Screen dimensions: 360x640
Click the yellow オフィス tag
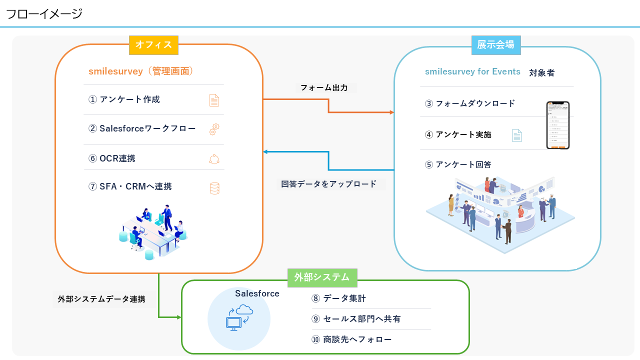click(153, 45)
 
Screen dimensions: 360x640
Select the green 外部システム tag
click(322, 277)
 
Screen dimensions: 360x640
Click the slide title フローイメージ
click(44, 14)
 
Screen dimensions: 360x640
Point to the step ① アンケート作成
click(124, 99)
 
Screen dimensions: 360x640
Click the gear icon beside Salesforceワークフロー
click(214, 129)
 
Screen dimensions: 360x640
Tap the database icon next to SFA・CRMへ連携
click(214, 188)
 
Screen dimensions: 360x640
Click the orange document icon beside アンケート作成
click(214, 100)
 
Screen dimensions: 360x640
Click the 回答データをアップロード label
click(329, 184)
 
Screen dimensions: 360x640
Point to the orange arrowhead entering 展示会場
click(391, 112)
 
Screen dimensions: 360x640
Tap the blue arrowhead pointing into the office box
click(266, 152)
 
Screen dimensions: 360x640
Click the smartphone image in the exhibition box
click(557, 125)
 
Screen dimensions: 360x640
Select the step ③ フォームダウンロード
click(470, 104)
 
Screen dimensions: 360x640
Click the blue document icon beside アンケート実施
click(516, 135)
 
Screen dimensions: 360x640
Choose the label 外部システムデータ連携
click(101, 299)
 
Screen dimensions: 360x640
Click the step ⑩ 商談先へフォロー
click(351, 340)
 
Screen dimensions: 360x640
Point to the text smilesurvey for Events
click(472, 71)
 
